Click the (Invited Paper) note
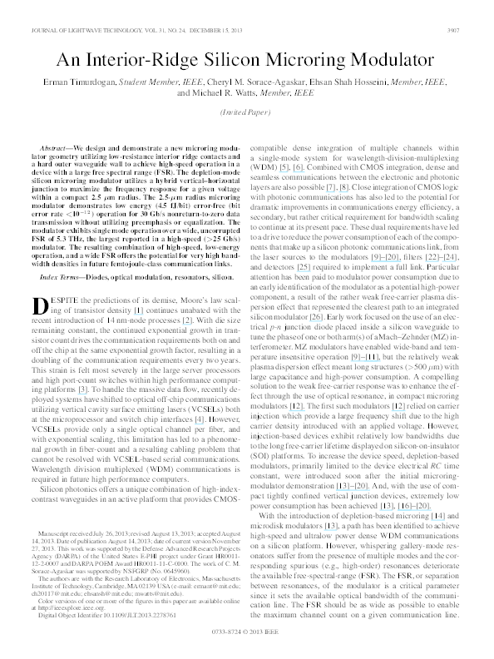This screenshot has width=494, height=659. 246,112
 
